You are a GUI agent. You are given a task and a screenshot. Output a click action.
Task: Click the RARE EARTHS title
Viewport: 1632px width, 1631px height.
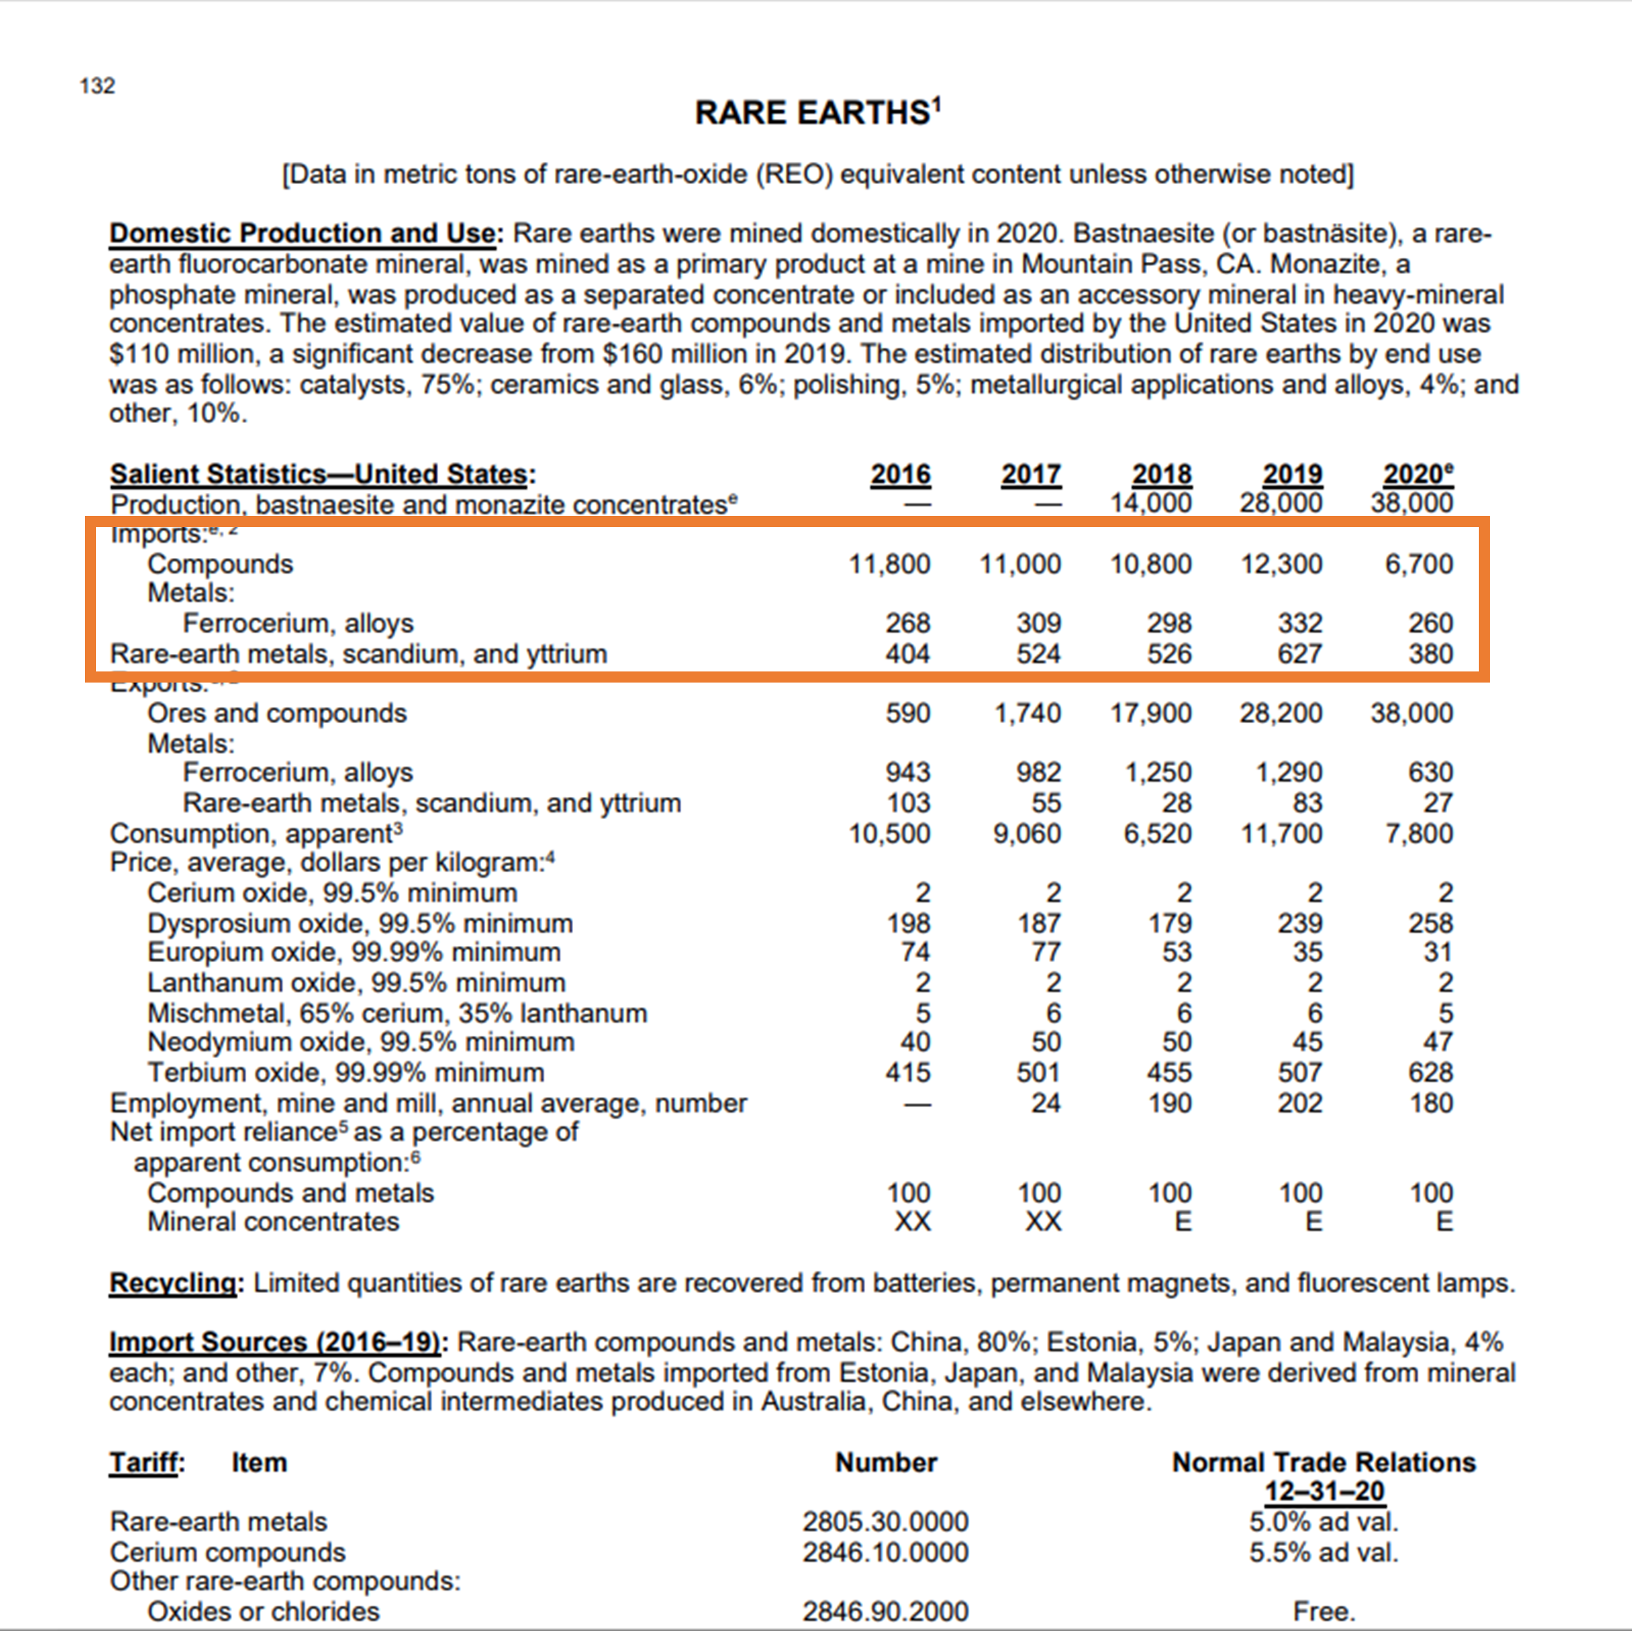tap(816, 113)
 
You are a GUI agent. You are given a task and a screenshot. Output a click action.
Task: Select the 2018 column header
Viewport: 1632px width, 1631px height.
tap(1161, 475)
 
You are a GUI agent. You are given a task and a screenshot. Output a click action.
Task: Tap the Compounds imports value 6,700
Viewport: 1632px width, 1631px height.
tap(1418, 564)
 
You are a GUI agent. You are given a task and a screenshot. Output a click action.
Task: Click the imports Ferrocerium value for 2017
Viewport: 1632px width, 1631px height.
tap(1038, 623)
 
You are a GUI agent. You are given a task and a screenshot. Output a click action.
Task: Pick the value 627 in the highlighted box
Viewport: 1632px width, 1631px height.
tap(1299, 654)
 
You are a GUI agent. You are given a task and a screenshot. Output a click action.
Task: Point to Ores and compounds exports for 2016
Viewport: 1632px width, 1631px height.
tap(907, 713)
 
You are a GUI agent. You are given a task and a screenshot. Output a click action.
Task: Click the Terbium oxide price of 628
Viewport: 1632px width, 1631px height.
tap(1430, 1073)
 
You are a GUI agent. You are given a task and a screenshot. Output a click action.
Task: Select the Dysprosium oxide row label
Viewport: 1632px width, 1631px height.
tap(360, 923)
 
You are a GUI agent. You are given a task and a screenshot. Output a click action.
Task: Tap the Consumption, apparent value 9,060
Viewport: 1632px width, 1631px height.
tap(1026, 833)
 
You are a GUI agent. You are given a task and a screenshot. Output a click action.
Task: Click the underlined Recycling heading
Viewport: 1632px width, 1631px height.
tap(172, 1283)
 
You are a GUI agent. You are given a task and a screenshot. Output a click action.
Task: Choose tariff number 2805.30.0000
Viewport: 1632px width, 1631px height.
tap(885, 1521)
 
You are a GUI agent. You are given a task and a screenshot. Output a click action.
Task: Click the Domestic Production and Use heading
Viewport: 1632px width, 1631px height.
tap(302, 233)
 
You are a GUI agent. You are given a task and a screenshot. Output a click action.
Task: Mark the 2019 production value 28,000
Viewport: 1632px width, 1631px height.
tap(1280, 503)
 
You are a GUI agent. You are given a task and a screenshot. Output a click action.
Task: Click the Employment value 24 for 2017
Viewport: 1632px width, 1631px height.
tap(1045, 1103)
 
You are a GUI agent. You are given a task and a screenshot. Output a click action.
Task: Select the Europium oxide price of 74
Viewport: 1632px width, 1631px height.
tap(915, 952)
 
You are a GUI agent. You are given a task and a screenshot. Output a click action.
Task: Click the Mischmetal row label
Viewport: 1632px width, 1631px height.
tap(397, 1013)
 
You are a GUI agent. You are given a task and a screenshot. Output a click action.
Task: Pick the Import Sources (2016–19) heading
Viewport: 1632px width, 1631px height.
tap(275, 1342)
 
